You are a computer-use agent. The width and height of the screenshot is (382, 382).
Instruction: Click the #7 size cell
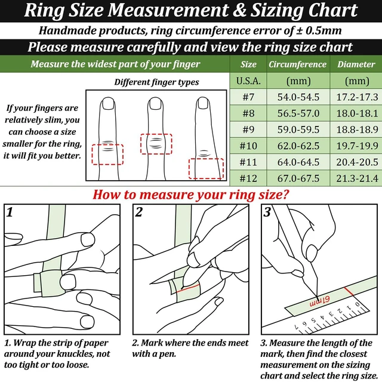click(248, 97)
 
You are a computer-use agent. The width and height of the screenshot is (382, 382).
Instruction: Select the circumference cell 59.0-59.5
click(298, 130)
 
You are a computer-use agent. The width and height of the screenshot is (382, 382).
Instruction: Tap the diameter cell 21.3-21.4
click(357, 178)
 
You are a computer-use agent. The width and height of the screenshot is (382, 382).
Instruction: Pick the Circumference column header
click(297, 64)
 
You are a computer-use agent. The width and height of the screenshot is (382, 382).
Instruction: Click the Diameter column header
click(356, 64)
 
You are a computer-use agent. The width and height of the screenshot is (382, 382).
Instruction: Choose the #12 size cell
click(248, 178)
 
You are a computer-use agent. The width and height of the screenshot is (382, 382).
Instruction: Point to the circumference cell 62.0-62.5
click(298, 146)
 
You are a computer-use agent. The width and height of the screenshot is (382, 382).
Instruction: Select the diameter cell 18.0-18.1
click(357, 113)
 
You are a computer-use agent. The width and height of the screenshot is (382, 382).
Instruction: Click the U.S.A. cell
click(248, 81)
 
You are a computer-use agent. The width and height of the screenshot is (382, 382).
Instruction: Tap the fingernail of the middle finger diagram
click(155, 103)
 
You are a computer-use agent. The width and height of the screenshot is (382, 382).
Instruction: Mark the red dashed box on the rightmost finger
click(189, 168)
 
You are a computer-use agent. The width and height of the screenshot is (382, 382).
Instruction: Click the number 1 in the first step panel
click(10, 212)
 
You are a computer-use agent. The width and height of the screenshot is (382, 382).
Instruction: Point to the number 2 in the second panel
click(138, 212)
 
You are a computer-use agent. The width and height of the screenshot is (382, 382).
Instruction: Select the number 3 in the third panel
click(267, 212)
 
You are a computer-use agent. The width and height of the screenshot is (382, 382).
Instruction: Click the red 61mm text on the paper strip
click(320, 301)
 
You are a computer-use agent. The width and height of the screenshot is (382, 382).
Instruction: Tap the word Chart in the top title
click(333, 10)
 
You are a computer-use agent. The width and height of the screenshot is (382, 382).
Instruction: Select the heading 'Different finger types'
click(156, 82)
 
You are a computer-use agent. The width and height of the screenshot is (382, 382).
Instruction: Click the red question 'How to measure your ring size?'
click(191, 195)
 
